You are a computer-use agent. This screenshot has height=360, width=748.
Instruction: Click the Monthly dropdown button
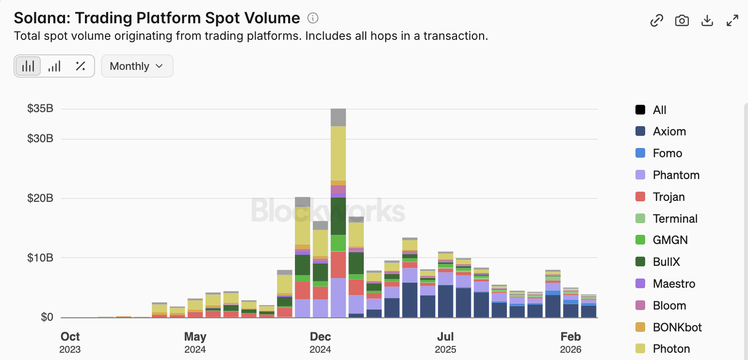click(137, 66)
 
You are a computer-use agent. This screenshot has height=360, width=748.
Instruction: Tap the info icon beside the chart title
click(313, 18)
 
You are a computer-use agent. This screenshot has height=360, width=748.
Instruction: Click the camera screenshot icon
click(682, 20)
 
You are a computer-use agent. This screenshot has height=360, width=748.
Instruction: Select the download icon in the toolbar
click(707, 20)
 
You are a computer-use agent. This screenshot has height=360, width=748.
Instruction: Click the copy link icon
click(656, 20)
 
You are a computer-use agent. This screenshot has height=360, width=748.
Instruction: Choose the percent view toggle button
click(81, 66)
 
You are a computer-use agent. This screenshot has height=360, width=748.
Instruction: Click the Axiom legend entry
click(669, 131)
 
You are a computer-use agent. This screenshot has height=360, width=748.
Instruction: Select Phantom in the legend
click(676, 175)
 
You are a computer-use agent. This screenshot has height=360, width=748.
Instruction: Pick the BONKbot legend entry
click(677, 327)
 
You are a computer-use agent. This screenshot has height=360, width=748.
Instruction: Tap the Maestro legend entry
click(674, 284)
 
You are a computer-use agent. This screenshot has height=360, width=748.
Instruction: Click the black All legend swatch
click(640, 110)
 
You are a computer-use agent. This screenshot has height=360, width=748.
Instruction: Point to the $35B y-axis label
click(40, 108)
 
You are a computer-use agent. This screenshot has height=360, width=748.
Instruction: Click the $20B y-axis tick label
click(40, 198)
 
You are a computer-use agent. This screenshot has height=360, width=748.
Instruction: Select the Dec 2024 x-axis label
click(320, 342)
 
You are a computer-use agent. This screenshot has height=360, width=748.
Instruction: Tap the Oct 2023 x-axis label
click(70, 342)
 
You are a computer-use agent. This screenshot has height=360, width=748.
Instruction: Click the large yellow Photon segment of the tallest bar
click(338, 153)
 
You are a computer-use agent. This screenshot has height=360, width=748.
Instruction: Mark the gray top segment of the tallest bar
click(338, 117)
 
